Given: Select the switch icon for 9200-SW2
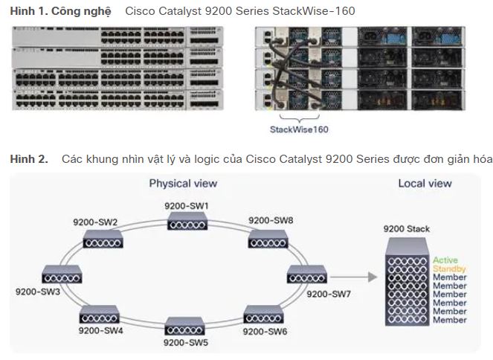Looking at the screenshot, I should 102,238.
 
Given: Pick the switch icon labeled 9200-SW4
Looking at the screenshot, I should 102,312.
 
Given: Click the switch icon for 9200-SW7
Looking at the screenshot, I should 306,274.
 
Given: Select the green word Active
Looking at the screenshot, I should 445,260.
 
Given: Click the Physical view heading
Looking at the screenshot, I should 184,183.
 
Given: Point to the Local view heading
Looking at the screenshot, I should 425,183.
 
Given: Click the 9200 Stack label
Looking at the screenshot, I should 406,228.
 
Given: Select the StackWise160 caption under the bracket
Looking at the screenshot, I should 299,129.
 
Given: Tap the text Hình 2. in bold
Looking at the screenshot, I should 28,159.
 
